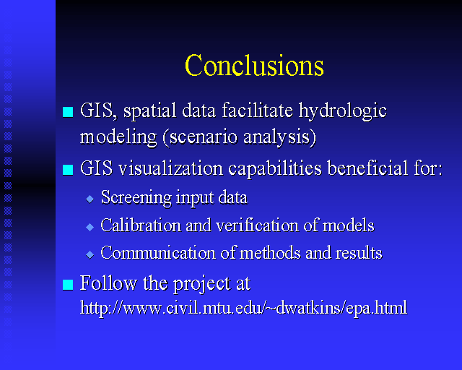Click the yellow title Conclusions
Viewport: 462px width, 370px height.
pos(254,65)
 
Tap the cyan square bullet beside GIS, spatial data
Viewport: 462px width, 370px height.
pos(68,112)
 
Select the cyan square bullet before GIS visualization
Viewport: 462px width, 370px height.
pos(68,170)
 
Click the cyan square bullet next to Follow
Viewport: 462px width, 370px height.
pos(68,285)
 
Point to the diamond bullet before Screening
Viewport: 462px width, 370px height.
pos(90,199)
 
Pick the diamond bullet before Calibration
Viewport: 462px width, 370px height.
pos(90,227)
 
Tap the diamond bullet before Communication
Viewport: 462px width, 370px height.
pos(90,254)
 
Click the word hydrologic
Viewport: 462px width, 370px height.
pos(342,112)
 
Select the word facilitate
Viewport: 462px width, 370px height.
pos(257,110)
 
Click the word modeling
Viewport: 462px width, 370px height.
pos(118,138)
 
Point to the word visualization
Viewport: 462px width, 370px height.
pos(170,168)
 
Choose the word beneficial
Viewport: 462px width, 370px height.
pos(367,168)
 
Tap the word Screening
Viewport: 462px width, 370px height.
pos(136,198)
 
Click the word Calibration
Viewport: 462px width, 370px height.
pos(141,225)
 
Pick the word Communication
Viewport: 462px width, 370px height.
pos(158,253)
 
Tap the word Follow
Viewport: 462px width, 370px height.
pos(108,283)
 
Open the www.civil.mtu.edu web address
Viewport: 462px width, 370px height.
pos(244,309)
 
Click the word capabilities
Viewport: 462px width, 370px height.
pos(275,169)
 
